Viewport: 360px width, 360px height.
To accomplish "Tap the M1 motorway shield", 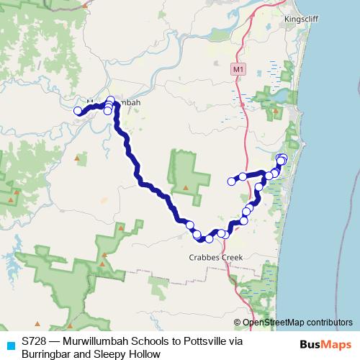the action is click(x=239, y=68).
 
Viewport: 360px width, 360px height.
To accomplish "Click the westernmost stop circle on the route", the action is click(x=78, y=110).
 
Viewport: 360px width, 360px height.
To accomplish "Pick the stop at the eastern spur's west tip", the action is click(x=232, y=181).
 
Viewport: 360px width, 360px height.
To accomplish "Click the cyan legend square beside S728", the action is click(x=9, y=345).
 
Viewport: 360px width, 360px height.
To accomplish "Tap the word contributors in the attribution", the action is click(x=329, y=323).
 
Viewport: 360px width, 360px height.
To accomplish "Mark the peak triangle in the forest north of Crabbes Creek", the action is click(x=186, y=187).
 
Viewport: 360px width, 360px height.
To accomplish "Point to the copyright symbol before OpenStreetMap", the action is click(x=238, y=323).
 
